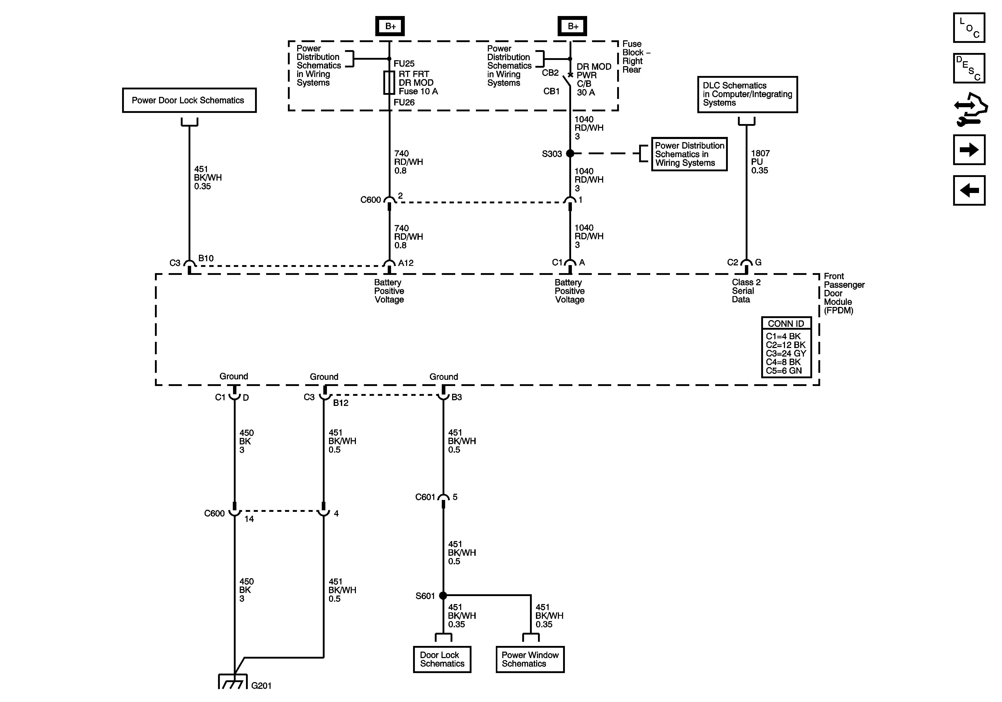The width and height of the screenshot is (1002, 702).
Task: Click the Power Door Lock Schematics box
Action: [x=189, y=100]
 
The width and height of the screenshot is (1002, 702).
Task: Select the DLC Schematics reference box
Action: [x=747, y=94]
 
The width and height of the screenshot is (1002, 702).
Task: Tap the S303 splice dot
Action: [x=570, y=153]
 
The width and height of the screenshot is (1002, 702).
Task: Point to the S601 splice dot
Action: [x=443, y=596]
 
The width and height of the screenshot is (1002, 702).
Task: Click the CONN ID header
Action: [x=786, y=323]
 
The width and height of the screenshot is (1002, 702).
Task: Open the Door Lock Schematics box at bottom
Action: [x=442, y=659]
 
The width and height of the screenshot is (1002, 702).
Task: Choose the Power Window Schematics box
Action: [x=530, y=659]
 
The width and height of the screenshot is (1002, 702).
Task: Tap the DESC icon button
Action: [x=969, y=68]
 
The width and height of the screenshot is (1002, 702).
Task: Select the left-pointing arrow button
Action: [x=969, y=190]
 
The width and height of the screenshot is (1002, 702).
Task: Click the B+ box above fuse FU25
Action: [x=390, y=26]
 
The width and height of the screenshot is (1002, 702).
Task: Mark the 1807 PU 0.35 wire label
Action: [x=760, y=162]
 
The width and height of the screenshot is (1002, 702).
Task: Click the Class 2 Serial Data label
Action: [x=746, y=291]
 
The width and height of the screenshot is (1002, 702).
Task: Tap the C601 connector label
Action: [x=425, y=497]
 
